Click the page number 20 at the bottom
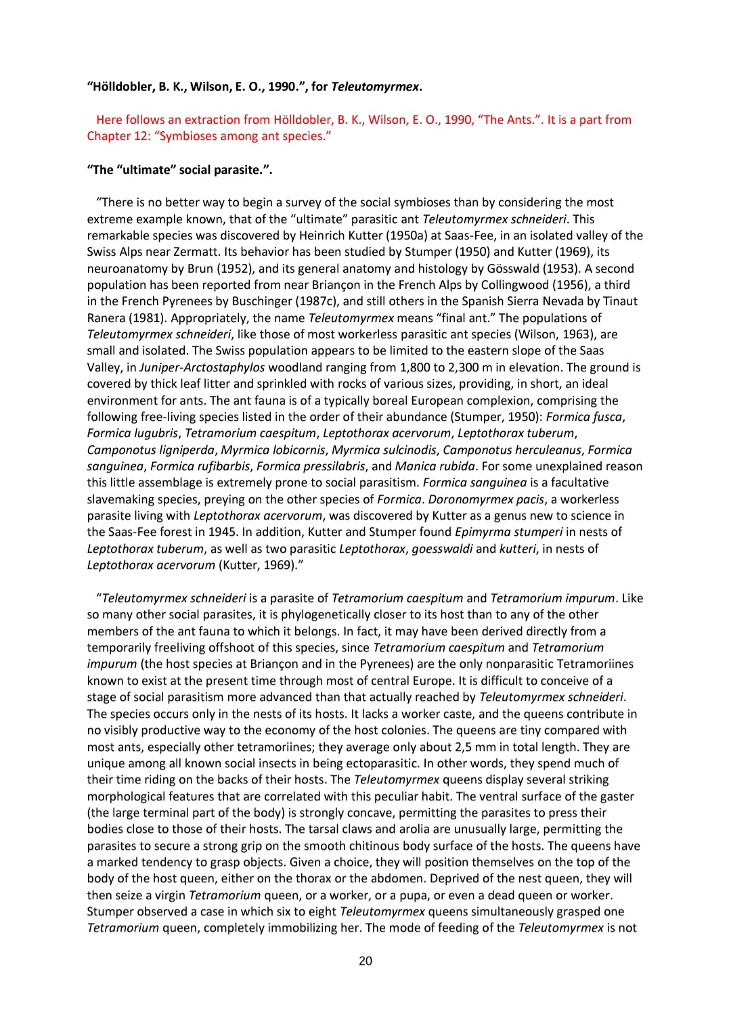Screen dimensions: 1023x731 click(x=365, y=961)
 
